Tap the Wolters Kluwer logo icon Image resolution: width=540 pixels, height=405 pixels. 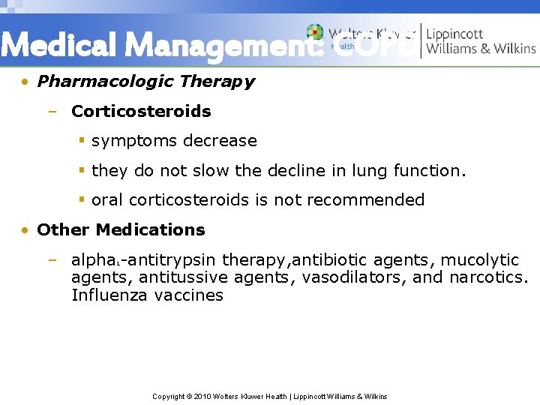[316, 34]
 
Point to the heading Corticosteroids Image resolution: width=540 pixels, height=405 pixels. [141, 111]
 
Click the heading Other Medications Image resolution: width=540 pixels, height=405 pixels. [121, 229]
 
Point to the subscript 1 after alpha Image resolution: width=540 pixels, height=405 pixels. [118, 263]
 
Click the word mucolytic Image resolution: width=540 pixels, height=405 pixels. [480, 260]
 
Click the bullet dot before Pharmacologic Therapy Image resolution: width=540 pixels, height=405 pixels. [25, 82]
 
